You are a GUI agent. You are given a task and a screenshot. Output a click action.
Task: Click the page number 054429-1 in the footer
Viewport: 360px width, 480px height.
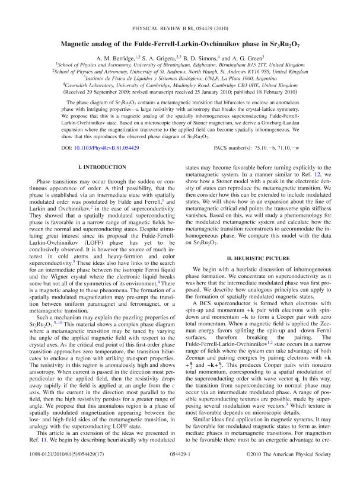(x=180, y=469)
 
